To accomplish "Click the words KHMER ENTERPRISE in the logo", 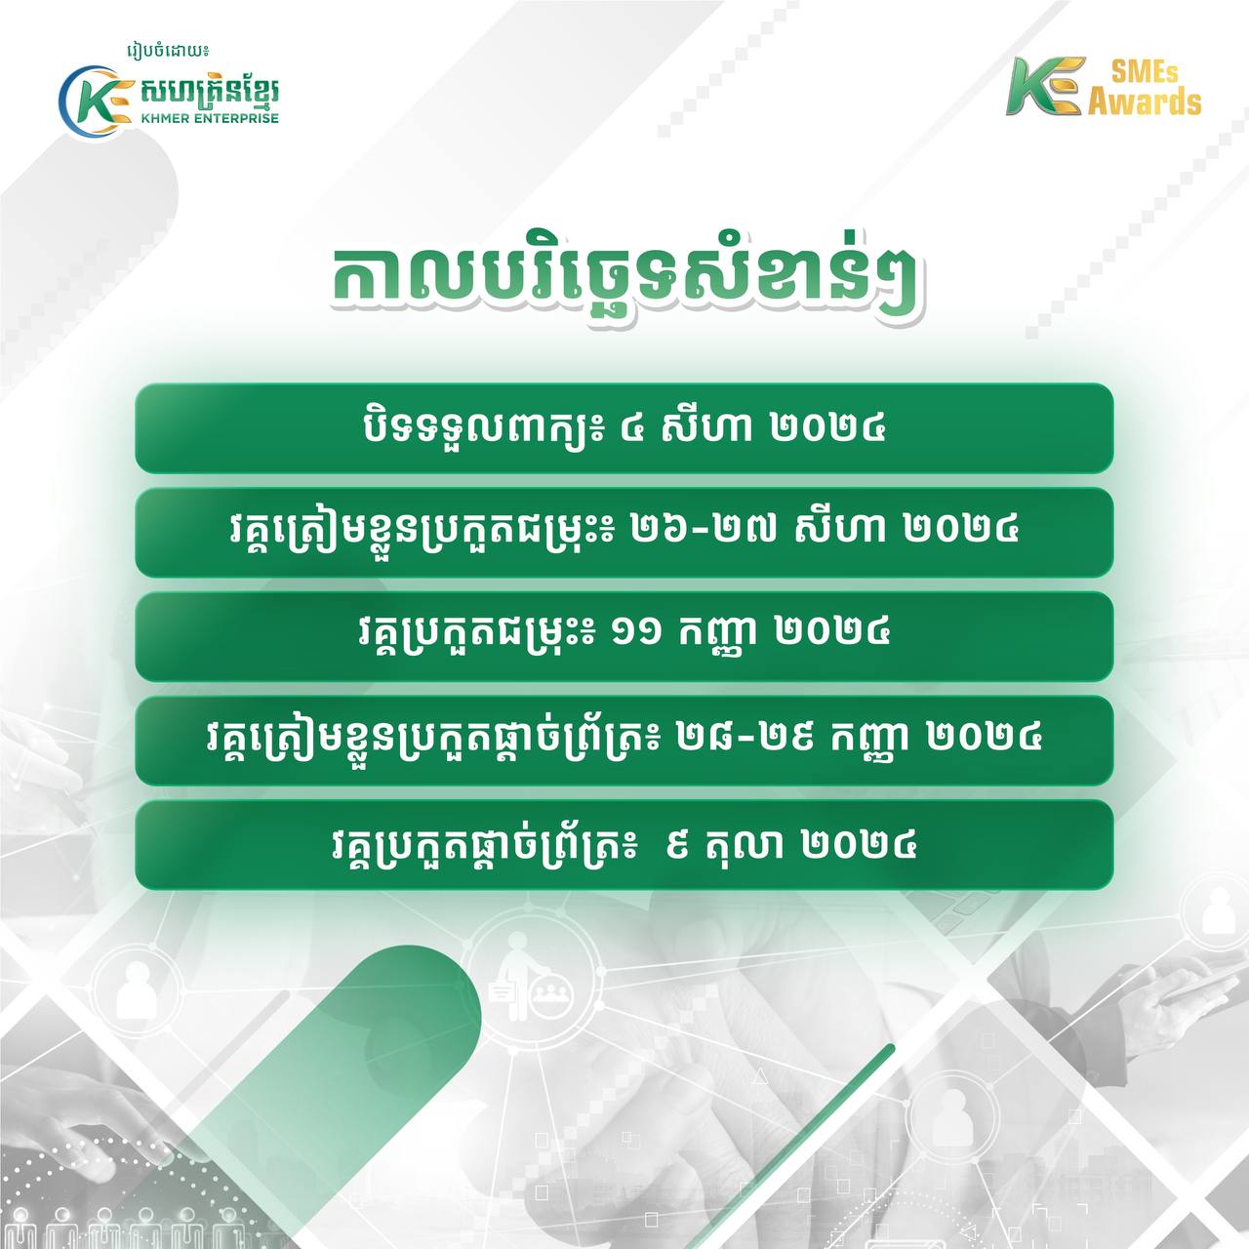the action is pyautogui.click(x=210, y=118).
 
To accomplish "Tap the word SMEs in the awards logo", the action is pyautogui.click(x=1145, y=72).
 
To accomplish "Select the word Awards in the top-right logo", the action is pyautogui.click(x=1145, y=101).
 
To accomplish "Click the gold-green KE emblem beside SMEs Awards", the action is pyautogui.click(x=1043, y=86).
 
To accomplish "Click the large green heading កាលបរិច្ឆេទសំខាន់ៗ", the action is pyautogui.click(x=624, y=285).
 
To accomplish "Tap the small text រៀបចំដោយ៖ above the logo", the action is pyautogui.click(x=171, y=51).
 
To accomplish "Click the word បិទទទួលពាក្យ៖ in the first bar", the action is pyautogui.click(x=483, y=429).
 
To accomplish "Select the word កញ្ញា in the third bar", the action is pyautogui.click(x=718, y=636).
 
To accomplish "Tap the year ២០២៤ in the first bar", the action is pyautogui.click(x=827, y=428).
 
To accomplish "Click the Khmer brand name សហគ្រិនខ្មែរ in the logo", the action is pyautogui.click(x=210, y=93).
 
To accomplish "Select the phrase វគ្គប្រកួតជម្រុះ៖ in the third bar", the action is pyautogui.click(x=477, y=636).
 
